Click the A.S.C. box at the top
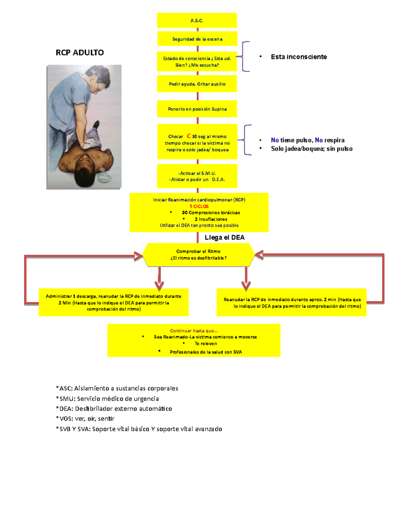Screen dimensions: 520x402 [197, 20]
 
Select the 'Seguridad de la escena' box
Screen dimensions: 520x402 [197, 39]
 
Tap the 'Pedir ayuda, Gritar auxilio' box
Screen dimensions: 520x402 [197, 84]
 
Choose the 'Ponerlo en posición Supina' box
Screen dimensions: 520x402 [197, 109]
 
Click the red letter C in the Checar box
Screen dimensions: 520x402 [189, 136]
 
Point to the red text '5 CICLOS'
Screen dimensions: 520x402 [199, 206]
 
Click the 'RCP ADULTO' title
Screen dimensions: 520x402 [80, 53]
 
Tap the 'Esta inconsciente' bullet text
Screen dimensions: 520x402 [298, 57]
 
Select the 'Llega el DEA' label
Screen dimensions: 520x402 [224, 237]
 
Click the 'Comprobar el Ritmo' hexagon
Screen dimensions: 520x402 [198, 255]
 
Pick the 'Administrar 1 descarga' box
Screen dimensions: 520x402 [114, 302]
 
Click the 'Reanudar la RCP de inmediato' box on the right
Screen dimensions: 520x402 [291, 303]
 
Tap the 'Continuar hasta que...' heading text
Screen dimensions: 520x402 [194, 330]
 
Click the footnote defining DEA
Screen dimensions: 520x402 [114, 408]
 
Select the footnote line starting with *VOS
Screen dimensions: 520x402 [85, 419]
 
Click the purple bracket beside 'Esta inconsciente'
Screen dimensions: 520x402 [245, 57]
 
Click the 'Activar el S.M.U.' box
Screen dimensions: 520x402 [197, 176]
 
